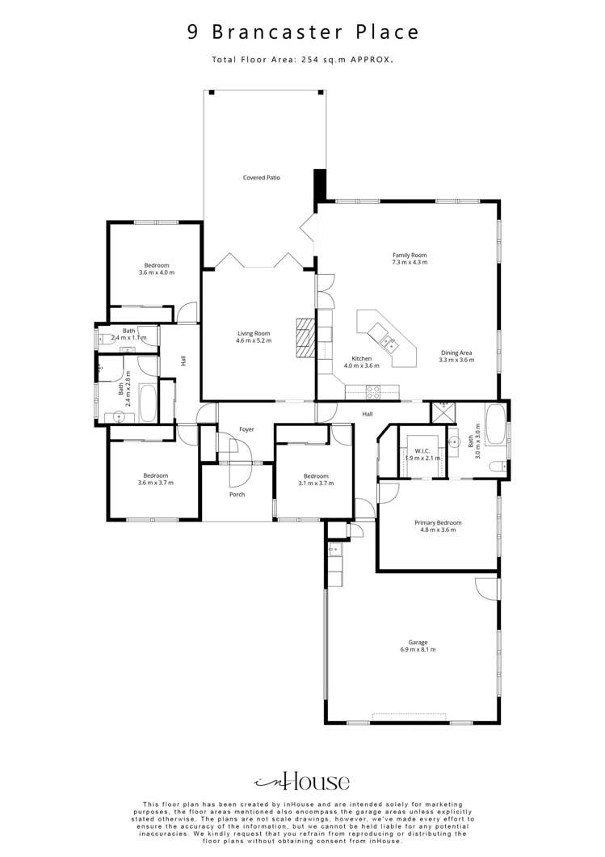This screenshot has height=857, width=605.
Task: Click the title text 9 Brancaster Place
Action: [x=303, y=32]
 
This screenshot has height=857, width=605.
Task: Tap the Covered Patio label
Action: [x=262, y=177]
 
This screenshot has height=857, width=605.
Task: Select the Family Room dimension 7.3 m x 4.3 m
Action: [x=410, y=262]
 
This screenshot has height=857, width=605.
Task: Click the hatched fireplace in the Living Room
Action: [x=305, y=336]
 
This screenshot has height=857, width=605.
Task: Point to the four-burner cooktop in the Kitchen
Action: [x=374, y=392]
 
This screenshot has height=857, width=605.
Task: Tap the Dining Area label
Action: [x=456, y=353]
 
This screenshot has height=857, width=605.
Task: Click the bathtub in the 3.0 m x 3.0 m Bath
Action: [x=494, y=427]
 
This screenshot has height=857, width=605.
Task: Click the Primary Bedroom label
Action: [x=439, y=523]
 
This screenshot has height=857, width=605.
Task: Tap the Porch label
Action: [x=237, y=494]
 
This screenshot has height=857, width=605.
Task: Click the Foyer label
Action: [x=246, y=429]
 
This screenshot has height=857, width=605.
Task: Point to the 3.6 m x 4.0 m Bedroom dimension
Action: [x=156, y=272]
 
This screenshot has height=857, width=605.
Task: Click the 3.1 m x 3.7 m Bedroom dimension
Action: [x=315, y=483]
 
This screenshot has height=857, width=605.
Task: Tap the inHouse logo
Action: [x=302, y=781]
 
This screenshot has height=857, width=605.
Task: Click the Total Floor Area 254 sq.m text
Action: [x=303, y=59]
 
